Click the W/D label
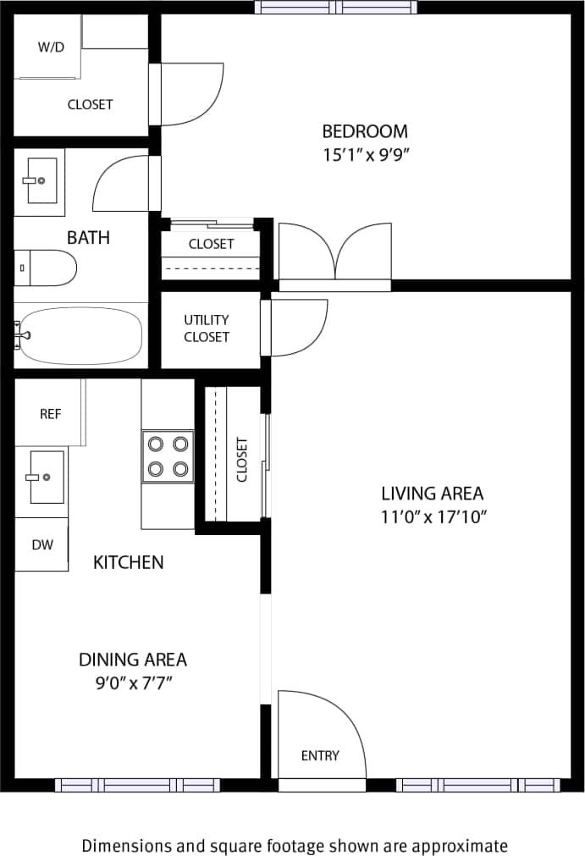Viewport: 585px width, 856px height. pyautogui.click(x=51, y=47)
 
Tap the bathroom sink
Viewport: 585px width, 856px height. pyautogui.click(x=40, y=180)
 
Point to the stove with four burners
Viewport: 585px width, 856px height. pyautogui.click(x=168, y=456)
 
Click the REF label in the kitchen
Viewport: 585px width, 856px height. pyautogui.click(x=51, y=414)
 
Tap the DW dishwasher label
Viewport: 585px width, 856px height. pyautogui.click(x=42, y=544)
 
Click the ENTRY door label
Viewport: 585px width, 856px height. pyautogui.click(x=320, y=755)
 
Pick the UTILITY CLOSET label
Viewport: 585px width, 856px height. pyautogui.click(x=207, y=328)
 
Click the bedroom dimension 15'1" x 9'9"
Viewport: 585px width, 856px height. pyautogui.click(x=365, y=156)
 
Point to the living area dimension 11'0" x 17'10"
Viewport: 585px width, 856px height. pyautogui.click(x=432, y=516)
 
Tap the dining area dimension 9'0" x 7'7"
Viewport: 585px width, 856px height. pyautogui.click(x=133, y=682)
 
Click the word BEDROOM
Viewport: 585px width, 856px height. pyautogui.click(x=365, y=131)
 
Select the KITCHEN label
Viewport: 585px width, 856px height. pyautogui.click(x=129, y=562)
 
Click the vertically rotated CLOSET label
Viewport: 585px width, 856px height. pyautogui.click(x=242, y=459)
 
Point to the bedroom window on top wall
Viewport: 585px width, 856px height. pyautogui.click(x=337, y=8)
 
